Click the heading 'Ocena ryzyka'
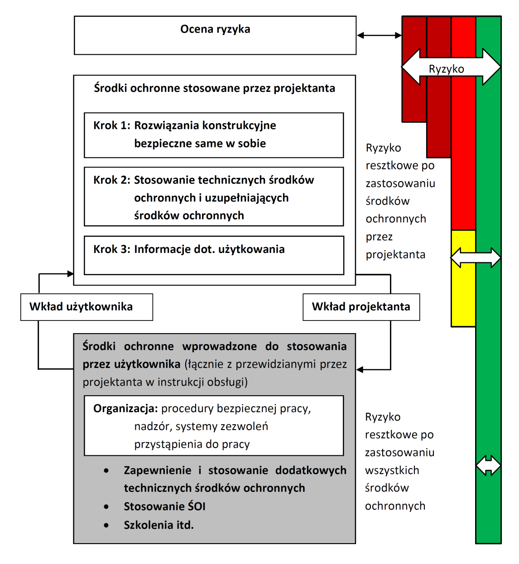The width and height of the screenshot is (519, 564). [215, 29]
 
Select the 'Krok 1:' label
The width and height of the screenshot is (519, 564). [112, 125]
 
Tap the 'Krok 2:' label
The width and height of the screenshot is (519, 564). [112, 180]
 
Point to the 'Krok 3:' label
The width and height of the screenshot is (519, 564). [112, 249]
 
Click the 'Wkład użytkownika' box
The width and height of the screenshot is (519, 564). [86, 307]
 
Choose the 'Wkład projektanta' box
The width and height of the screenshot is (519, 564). [361, 307]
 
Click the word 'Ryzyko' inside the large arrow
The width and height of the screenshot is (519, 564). [447, 69]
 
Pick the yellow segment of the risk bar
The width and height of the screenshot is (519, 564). [463, 278]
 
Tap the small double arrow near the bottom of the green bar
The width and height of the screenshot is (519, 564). [488, 465]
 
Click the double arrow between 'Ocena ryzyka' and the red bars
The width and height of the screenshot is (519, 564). [379, 35]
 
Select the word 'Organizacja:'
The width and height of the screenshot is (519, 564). [125, 409]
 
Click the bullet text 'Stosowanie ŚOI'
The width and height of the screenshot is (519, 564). [164, 507]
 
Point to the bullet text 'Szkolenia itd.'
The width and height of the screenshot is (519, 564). [159, 525]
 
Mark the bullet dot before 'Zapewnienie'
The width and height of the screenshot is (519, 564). [106, 471]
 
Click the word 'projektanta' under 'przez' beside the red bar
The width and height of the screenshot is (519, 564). [395, 255]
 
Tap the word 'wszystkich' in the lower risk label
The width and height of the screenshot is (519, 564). [392, 470]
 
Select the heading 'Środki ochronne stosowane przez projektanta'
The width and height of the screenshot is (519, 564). [214, 88]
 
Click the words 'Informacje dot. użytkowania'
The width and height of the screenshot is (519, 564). [209, 249]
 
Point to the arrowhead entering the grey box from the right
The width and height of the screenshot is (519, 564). [360, 370]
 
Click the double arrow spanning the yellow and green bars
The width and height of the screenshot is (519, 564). [476, 258]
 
